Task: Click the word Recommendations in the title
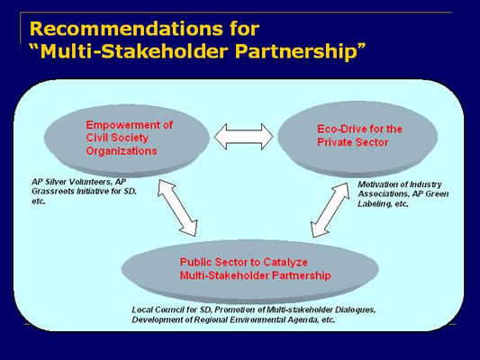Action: click(x=126, y=29)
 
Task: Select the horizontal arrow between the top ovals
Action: click(x=244, y=137)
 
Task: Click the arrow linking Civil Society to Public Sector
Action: click(x=177, y=208)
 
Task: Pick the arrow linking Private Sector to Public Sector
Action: click(x=330, y=210)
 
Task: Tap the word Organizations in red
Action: click(x=122, y=151)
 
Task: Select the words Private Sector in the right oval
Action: click(x=353, y=142)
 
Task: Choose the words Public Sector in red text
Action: click(x=217, y=262)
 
